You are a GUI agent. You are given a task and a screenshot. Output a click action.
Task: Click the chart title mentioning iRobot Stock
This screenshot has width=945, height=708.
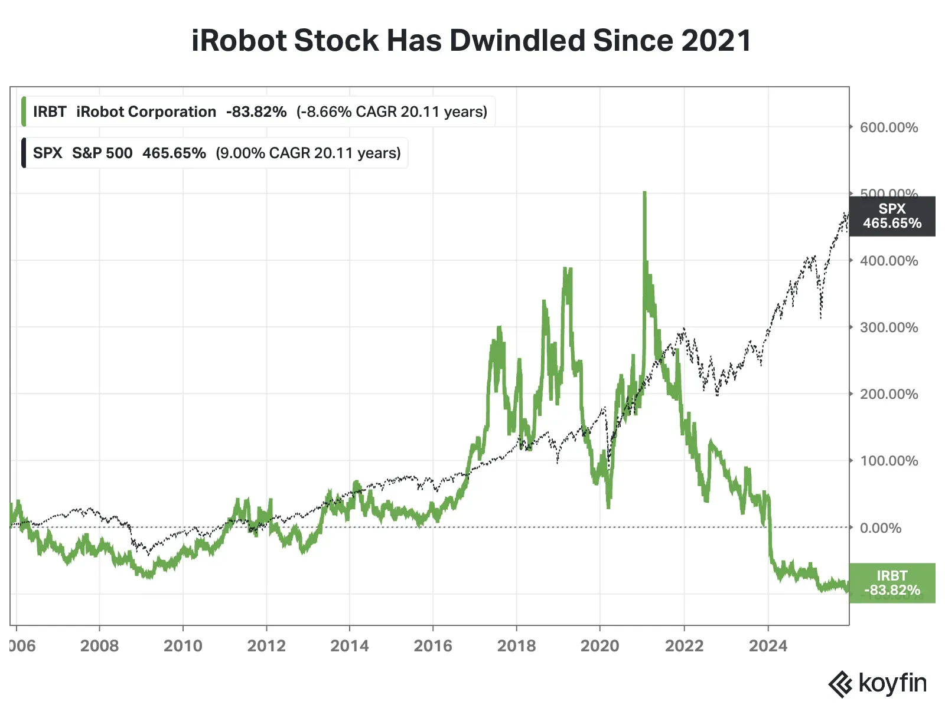pyautogui.click(x=471, y=41)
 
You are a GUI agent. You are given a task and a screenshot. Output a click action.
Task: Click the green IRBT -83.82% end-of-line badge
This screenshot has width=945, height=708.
pyautogui.click(x=892, y=583)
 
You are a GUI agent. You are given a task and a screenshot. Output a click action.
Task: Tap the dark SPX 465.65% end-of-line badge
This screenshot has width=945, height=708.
pyautogui.click(x=892, y=216)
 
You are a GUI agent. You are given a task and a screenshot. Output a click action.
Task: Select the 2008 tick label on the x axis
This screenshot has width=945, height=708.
pyautogui.click(x=99, y=645)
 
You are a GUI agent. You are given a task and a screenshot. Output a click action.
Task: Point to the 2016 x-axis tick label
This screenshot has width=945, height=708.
pyautogui.click(x=433, y=645)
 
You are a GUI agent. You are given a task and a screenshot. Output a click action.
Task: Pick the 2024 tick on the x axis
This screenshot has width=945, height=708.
pyautogui.click(x=768, y=645)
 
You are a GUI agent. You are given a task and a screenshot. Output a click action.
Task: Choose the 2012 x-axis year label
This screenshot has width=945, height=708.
pyautogui.click(x=266, y=645)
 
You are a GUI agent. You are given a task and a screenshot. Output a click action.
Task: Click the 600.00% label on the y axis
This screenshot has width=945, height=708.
pyautogui.click(x=888, y=127)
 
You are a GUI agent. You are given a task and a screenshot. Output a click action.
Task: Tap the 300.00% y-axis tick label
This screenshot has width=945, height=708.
pyautogui.click(x=888, y=327)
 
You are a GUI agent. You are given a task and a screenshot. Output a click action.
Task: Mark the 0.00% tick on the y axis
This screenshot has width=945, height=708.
pyautogui.click(x=880, y=528)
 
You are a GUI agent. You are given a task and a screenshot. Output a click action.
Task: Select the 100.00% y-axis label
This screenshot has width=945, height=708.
pyautogui.click(x=888, y=461)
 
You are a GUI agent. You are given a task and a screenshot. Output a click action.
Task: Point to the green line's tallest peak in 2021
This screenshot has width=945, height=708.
pyautogui.click(x=644, y=194)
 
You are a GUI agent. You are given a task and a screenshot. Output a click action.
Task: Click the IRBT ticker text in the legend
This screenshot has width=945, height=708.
pyautogui.click(x=50, y=112)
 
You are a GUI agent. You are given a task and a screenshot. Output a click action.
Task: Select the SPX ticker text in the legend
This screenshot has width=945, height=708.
pyautogui.click(x=47, y=153)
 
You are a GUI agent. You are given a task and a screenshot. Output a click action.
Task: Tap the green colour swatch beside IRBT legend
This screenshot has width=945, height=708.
pyautogui.click(x=24, y=112)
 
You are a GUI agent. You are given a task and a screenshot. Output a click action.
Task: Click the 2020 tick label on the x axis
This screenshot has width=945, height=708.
pyautogui.click(x=599, y=645)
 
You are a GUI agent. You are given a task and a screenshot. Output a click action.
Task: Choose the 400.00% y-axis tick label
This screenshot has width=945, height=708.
pyautogui.click(x=888, y=261)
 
